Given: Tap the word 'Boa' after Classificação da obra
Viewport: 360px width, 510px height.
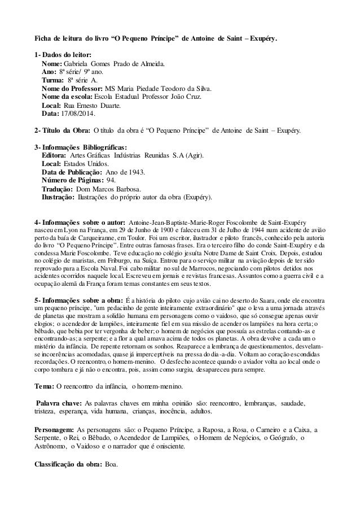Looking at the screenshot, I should click(x=110, y=464).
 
